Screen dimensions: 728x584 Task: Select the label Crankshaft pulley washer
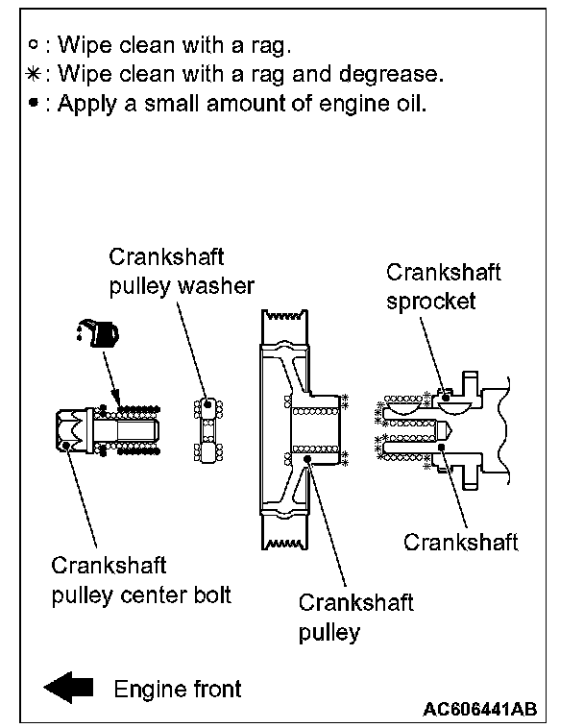click(181, 272)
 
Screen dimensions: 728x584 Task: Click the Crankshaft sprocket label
click(443, 286)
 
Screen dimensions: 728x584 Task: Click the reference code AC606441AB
click(478, 709)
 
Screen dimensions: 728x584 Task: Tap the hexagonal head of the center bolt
click(73, 428)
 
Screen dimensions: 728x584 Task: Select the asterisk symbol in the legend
click(35, 74)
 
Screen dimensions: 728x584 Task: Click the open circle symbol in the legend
click(35, 45)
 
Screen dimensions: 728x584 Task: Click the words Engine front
click(178, 688)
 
